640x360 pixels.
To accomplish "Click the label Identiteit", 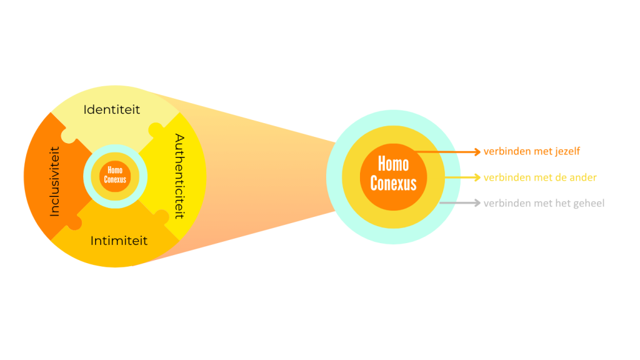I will (112, 109).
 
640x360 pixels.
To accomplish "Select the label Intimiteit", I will (119, 240).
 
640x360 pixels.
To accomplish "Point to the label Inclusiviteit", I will (54, 181).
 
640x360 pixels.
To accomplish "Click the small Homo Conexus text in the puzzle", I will (115, 175).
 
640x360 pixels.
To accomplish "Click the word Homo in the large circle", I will (393, 164).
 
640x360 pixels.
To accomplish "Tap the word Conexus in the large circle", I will (393, 183).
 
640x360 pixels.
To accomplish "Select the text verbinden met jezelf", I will (532, 151).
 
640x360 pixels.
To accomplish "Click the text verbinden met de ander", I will (540, 177).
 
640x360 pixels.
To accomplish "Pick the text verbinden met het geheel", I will (544, 203).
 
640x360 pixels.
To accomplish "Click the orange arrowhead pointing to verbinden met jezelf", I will (477, 151).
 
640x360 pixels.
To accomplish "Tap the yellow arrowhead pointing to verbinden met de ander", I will (477, 177).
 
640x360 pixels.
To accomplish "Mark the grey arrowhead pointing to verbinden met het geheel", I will (477, 203).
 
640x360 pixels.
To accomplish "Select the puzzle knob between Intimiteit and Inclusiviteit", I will (74, 222).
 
